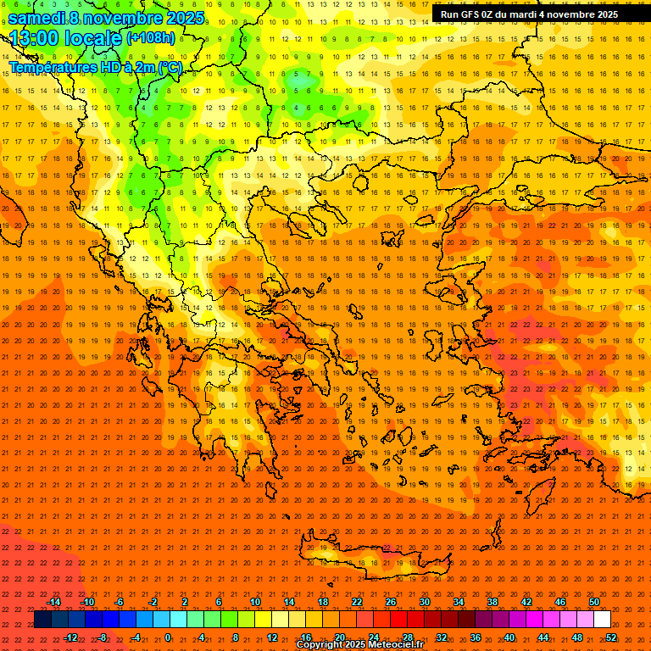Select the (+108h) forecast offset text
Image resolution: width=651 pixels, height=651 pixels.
[x=151, y=38]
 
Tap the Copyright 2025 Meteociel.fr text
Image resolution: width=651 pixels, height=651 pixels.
[x=359, y=645]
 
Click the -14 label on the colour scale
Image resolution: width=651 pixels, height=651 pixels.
[x=53, y=602]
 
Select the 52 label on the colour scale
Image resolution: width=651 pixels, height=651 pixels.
[x=611, y=637]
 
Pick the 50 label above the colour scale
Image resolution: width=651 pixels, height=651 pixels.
[x=594, y=602]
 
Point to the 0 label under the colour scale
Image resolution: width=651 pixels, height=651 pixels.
[x=167, y=637]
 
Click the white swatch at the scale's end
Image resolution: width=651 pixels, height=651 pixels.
[x=602, y=620]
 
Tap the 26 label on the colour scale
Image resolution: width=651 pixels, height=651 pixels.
[x=391, y=602]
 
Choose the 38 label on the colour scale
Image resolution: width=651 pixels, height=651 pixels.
[x=492, y=602]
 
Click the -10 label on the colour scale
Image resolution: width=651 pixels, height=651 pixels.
[x=86, y=602]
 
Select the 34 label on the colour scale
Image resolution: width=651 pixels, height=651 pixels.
[x=459, y=602]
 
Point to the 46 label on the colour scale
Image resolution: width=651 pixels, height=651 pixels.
[x=560, y=602]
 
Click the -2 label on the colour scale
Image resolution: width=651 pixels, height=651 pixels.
[x=153, y=602]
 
